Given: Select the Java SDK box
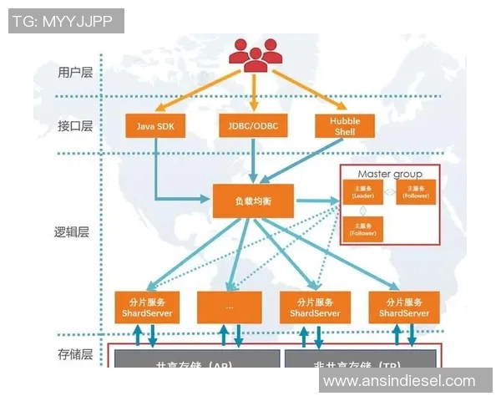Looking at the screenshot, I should pos(155,126).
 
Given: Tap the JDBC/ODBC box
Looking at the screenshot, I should pos(253,126).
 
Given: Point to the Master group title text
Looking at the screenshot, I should pos(389,174).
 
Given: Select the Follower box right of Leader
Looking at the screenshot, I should pos(416,192).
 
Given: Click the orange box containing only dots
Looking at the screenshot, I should pos(229,307).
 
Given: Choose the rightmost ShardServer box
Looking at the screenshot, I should pos(404,307).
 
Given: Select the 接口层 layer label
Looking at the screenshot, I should pos(76,126).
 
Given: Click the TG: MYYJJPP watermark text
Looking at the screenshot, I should pos(60,21).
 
